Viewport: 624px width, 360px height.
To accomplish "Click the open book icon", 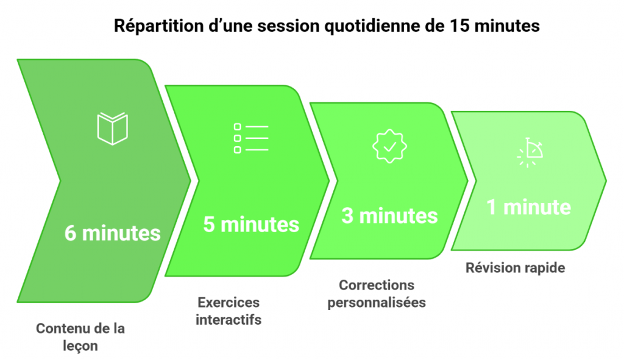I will (112, 129).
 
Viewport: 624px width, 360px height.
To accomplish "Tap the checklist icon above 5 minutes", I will (250, 138).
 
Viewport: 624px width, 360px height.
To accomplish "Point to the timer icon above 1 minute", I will (529, 152).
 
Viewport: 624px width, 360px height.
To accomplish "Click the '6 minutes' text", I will (113, 233).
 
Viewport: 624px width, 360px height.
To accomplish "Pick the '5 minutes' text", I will (251, 224).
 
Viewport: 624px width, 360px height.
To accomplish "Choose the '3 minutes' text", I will (389, 216).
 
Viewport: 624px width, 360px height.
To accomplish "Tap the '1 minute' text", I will (528, 207).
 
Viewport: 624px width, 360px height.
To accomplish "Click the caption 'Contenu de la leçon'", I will (80, 337).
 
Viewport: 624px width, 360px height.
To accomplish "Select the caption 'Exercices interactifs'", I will (229, 311).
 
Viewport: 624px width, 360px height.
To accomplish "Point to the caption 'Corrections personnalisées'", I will (377, 294).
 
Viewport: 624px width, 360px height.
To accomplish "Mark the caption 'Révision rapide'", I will (516, 267).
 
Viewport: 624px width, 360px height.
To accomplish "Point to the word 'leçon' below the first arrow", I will (80, 346).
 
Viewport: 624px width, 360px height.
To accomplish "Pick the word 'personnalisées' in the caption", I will (377, 303).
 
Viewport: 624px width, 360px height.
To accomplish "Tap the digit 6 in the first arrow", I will (71, 233).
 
